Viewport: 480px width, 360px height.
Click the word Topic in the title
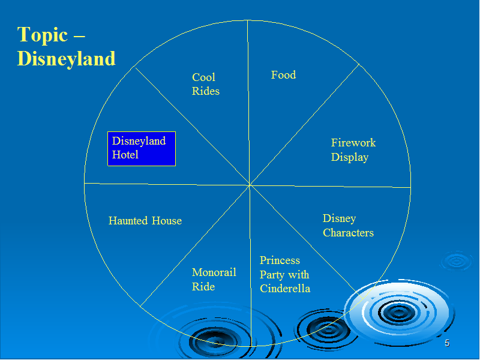pyautogui.click(x=42, y=35)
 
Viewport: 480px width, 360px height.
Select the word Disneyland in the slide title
pyautogui.click(x=66, y=58)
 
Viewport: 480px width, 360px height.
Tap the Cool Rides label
pyautogui.click(x=205, y=84)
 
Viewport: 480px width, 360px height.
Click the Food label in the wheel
pyautogui.click(x=283, y=74)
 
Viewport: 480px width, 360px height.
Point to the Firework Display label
pyautogui.click(x=353, y=149)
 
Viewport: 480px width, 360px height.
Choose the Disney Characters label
pyautogui.click(x=348, y=226)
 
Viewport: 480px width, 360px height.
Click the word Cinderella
pyautogui.click(x=285, y=289)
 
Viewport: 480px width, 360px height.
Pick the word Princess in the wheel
pyautogui.click(x=280, y=260)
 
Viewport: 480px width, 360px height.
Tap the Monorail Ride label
pyautogui.click(x=214, y=279)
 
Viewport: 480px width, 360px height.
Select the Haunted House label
pyautogui.click(x=145, y=220)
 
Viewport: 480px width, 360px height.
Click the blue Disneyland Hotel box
pyautogui.click(x=142, y=149)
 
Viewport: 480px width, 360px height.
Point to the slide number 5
pyautogui.click(x=447, y=343)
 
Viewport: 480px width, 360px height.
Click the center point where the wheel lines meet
pyautogui.click(x=250, y=185)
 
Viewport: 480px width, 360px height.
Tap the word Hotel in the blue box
pyautogui.click(x=125, y=155)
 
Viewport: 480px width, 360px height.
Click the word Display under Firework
pyautogui.click(x=350, y=157)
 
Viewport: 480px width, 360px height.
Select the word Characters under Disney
pyautogui.click(x=348, y=233)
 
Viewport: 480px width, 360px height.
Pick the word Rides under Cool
pyautogui.click(x=205, y=91)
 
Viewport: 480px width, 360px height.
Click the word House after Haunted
pyautogui.click(x=167, y=220)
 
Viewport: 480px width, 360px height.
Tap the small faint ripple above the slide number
pyautogui.click(x=457, y=261)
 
